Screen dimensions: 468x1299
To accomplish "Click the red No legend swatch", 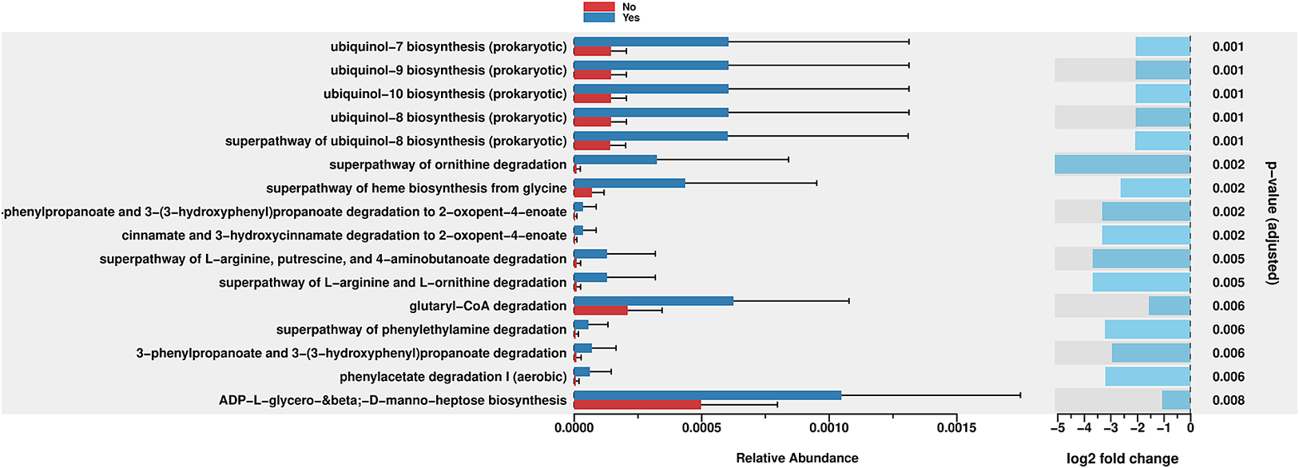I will tap(598, 6).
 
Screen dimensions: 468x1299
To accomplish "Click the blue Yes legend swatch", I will tap(598, 17).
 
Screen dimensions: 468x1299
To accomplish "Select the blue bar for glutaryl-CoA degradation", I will tap(653, 301).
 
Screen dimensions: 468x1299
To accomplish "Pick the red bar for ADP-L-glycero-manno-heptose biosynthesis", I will tap(637, 405).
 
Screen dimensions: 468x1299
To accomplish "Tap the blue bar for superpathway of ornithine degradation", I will tap(615, 160).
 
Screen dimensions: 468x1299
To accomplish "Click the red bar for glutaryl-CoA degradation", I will tap(600, 310).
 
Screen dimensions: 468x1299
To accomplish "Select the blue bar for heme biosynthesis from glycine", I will tap(629, 183).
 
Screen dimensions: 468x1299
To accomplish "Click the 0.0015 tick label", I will tap(956, 428).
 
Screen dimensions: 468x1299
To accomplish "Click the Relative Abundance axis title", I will tap(796, 458).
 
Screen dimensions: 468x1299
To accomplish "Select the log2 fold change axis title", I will tap(1122, 458).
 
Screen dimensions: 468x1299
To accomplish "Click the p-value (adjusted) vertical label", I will tap(1272, 223).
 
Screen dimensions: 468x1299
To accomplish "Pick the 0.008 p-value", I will tap(1228, 400).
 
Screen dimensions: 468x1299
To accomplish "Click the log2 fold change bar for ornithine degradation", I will tap(1122, 165).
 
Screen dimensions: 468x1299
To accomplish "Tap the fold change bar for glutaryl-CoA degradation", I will tap(1170, 306).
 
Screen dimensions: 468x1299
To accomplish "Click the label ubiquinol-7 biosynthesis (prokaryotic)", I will tap(448, 46).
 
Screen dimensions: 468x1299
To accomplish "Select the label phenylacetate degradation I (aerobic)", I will tap(453, 376).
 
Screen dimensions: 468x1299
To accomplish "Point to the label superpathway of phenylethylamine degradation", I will tap(421, 329).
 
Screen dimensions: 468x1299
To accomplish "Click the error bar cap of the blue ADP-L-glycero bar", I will tap(1020, 395).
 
